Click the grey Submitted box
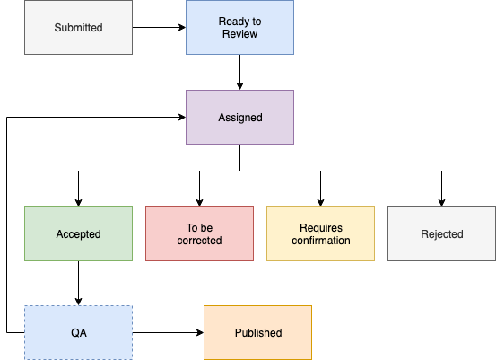point(78,27)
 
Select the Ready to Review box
point(239,27)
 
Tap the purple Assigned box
point(239,117)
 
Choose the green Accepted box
point(78,234)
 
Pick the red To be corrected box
point(200,234)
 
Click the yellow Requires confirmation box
point(321,234)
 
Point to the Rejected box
point(441,234)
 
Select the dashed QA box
point(78,332)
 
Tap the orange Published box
point(257,332)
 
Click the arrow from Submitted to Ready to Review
point(159,27)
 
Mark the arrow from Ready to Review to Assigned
point(239,72)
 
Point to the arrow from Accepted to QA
point(78,284)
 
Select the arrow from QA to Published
point(169,332)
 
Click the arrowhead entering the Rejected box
point(441,203)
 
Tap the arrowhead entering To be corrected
point(200,203)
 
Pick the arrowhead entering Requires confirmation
point(321,203)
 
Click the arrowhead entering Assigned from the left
point(182,117)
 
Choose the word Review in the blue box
point(239,34)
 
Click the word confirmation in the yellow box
point(321,241)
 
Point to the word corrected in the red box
point(200,241)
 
